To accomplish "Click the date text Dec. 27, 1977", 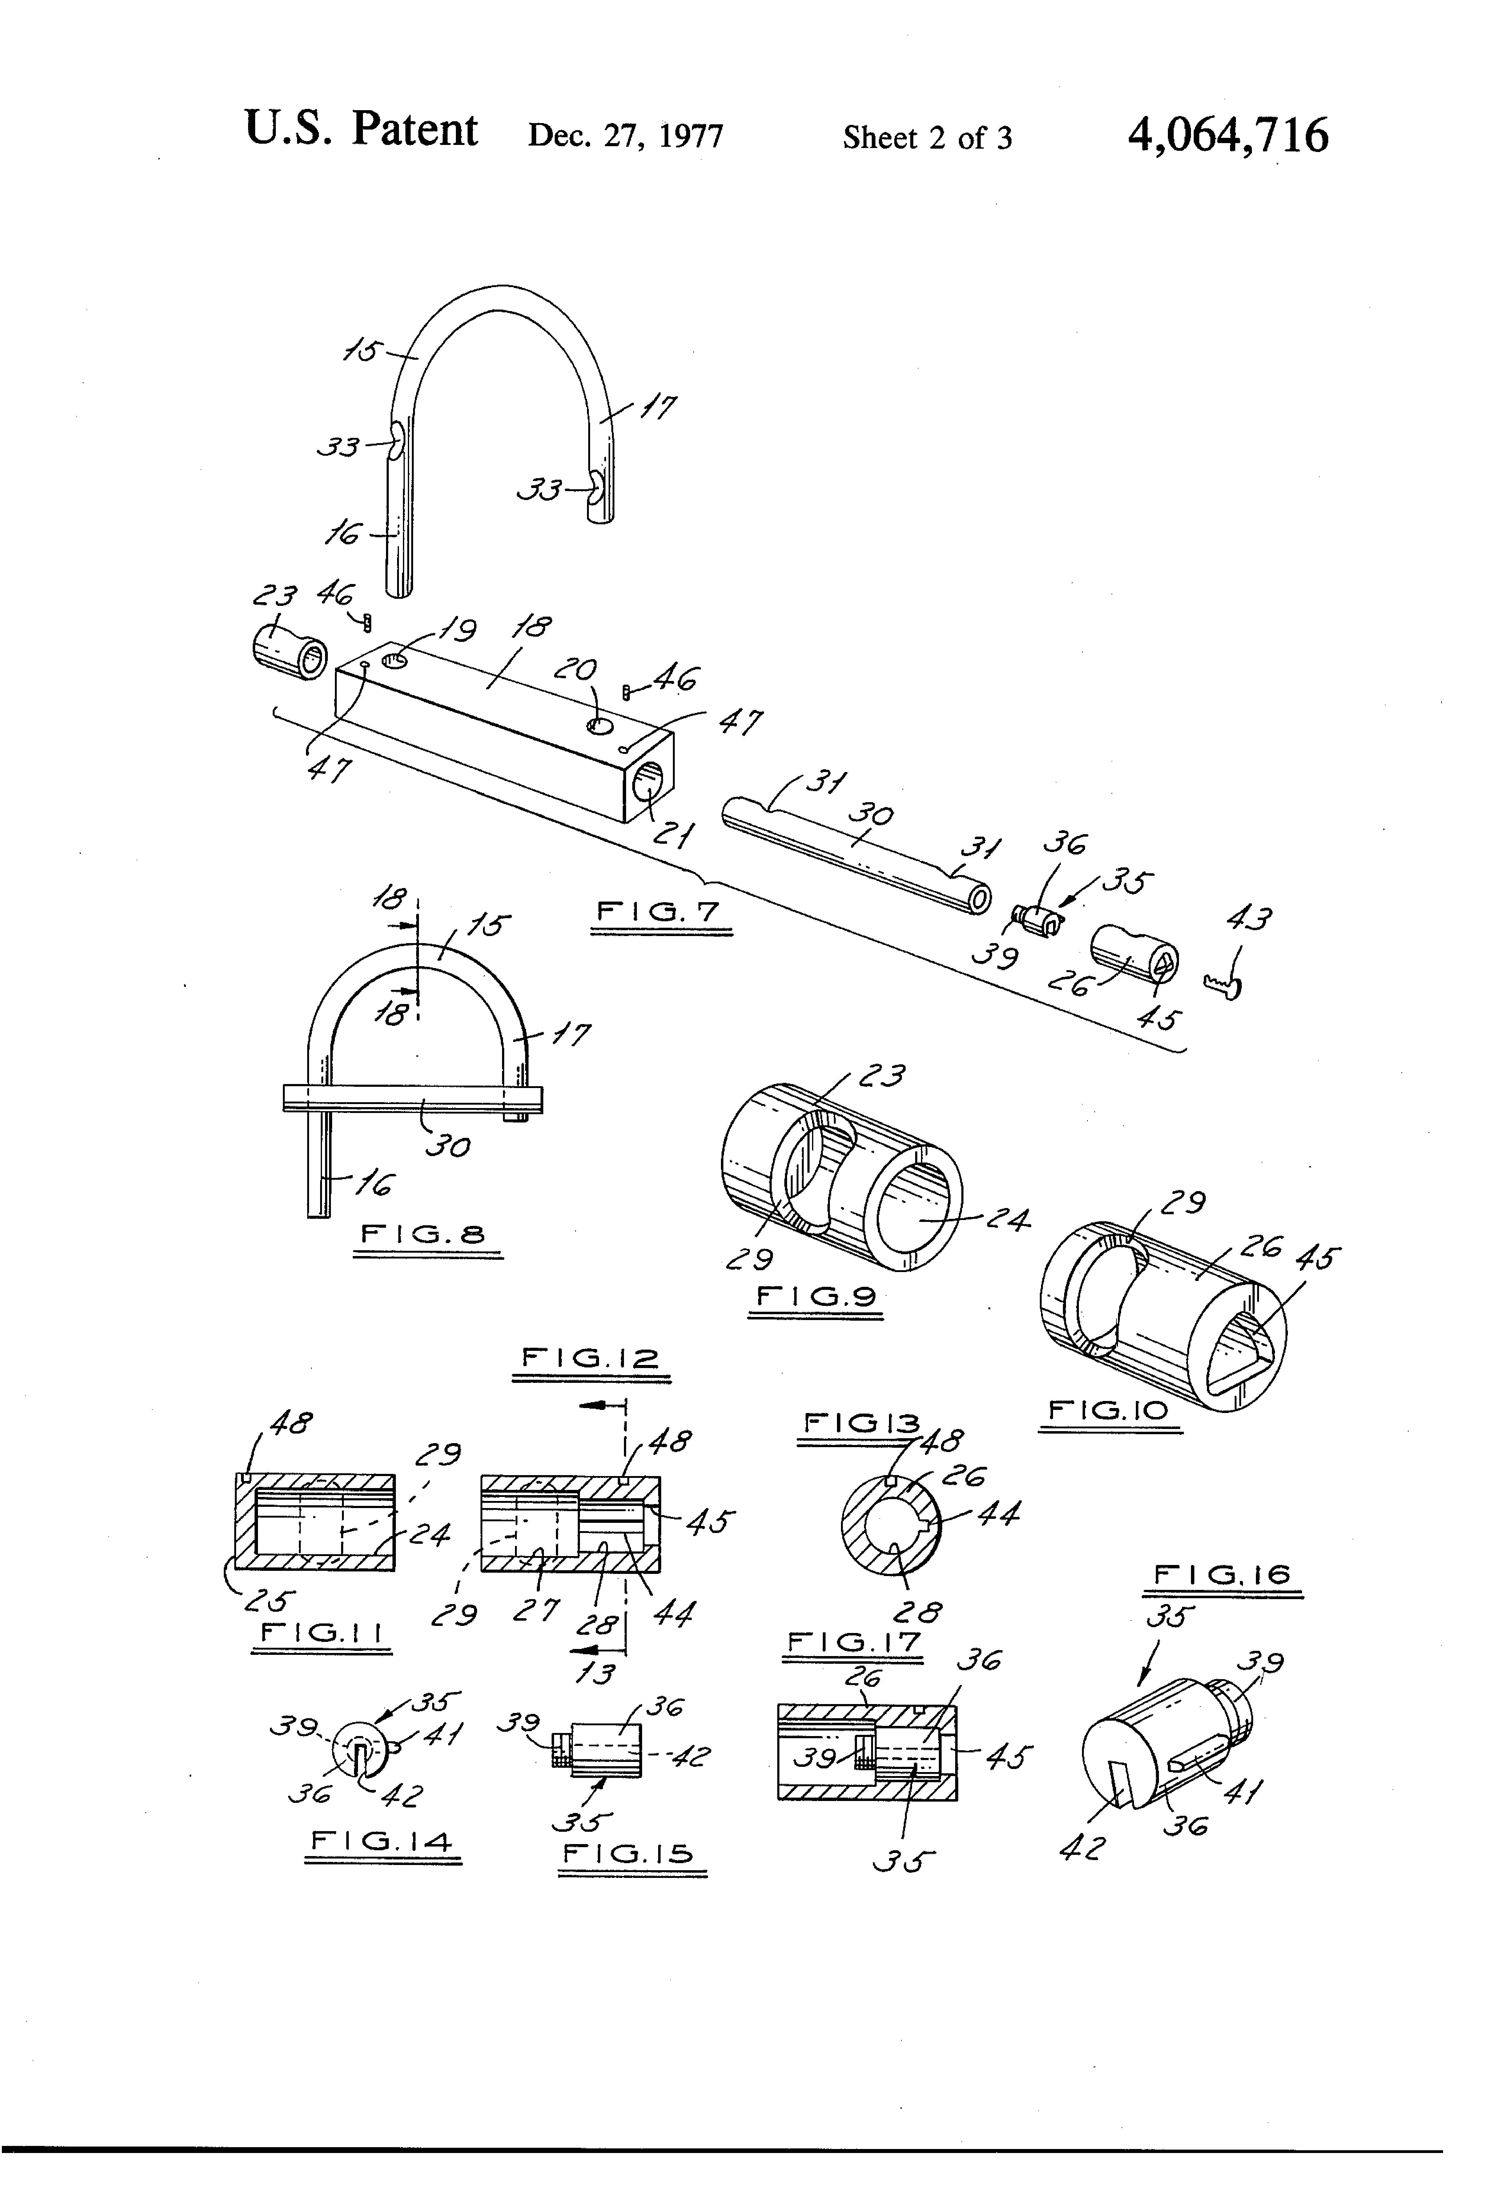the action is [625, 136].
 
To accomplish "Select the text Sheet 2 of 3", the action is [927, 138].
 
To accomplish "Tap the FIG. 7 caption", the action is [658, 911].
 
